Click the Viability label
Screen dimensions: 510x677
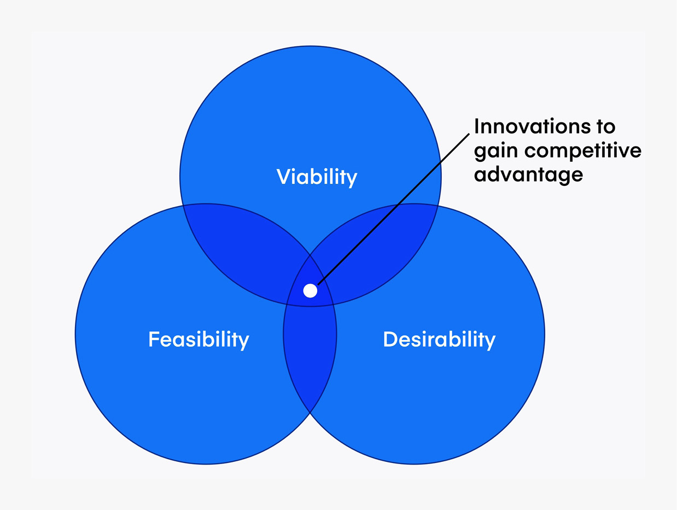(x=317, y=177)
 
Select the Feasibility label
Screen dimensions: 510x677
(x=199, y=339)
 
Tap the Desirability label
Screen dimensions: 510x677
(x=439, y=339)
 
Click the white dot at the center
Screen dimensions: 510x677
(x=310, y=290)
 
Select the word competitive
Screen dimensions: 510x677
(x=583, y=151)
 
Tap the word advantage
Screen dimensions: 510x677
(x=528, y=175)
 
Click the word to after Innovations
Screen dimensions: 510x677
(x=605, y=127)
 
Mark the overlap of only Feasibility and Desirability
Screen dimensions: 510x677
(x=310, y=355)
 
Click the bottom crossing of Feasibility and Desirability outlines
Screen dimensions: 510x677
(x=310, y=413)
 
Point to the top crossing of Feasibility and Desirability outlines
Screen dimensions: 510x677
(x=310, y=255)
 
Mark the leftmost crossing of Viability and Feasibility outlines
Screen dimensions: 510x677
(x=183, y=205)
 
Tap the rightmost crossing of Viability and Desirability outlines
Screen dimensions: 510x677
(x=438, y=206)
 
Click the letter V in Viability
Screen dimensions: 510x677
(x=282, y=176)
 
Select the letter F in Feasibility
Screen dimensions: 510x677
(x=154, y=339)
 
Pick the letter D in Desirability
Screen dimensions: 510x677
(x=389, y=339)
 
